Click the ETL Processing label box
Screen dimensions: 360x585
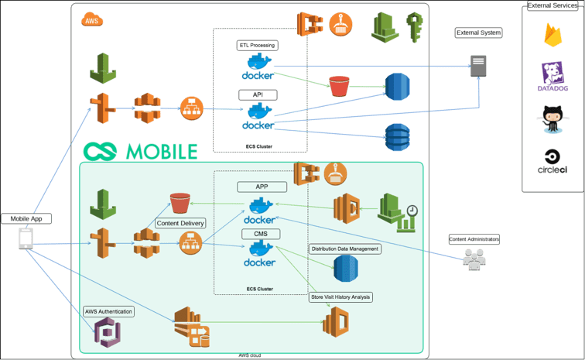point(258,46)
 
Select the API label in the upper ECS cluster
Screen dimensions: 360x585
point(258,94)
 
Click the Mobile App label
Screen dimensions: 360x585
point(26,218)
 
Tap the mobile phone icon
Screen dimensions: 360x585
point(26,239)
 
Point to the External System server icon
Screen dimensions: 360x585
point(479,67)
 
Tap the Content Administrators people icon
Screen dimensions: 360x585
point(473,259)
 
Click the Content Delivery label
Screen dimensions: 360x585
point(180,223)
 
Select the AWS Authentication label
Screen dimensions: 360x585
point(108,311)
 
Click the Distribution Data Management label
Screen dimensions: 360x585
point(344,249)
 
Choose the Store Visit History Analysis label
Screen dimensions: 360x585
point(341,297)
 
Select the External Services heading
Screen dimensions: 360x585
point(552,5)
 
